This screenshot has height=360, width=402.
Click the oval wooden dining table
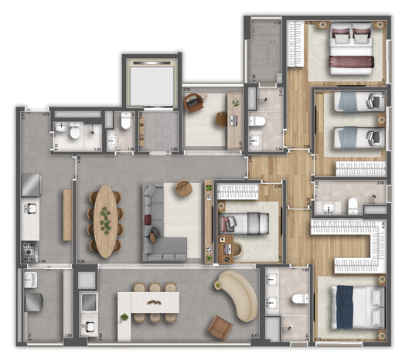click(106, 221)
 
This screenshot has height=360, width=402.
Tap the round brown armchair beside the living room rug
click(183, 187)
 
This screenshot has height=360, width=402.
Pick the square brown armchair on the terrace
click(219, 327)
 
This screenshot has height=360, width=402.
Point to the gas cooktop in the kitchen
click(29, 250)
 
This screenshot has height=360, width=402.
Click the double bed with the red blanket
click(352, 49)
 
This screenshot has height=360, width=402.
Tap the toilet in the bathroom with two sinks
click(298, 299)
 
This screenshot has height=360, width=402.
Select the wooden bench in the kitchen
click(67, 215)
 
